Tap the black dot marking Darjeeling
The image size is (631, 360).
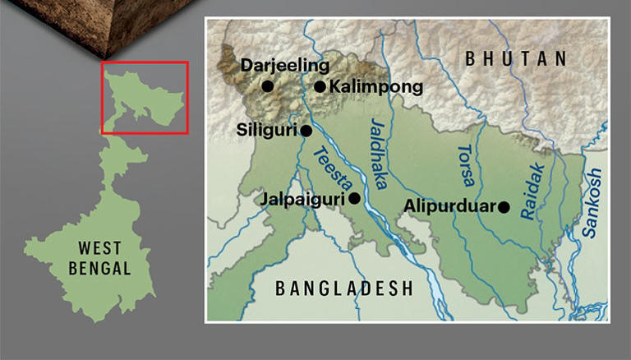coord(267,85)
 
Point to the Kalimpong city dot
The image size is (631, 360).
coord(320,86)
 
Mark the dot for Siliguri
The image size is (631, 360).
coord(306,130)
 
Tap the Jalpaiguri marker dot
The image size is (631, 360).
coord(354,198)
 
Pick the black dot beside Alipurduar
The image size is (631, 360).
coord(504,207)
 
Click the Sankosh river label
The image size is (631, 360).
coord(593,201)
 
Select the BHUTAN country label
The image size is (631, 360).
coord(515,58)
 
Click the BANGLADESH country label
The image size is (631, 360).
coord(343,288)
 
